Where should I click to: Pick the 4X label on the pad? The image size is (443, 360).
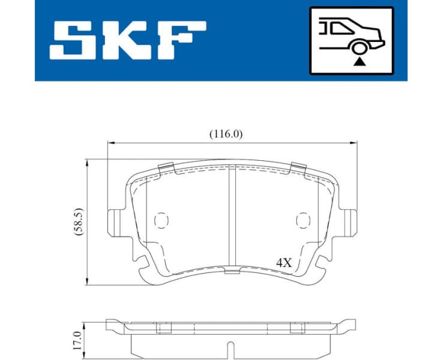click(283, 262)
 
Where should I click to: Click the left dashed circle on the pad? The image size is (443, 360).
click(161, 221)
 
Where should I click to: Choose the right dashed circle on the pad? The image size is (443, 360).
click(303, 221)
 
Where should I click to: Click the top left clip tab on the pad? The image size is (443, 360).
click(165, 169)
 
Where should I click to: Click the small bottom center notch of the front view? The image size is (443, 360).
click(232, 272)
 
